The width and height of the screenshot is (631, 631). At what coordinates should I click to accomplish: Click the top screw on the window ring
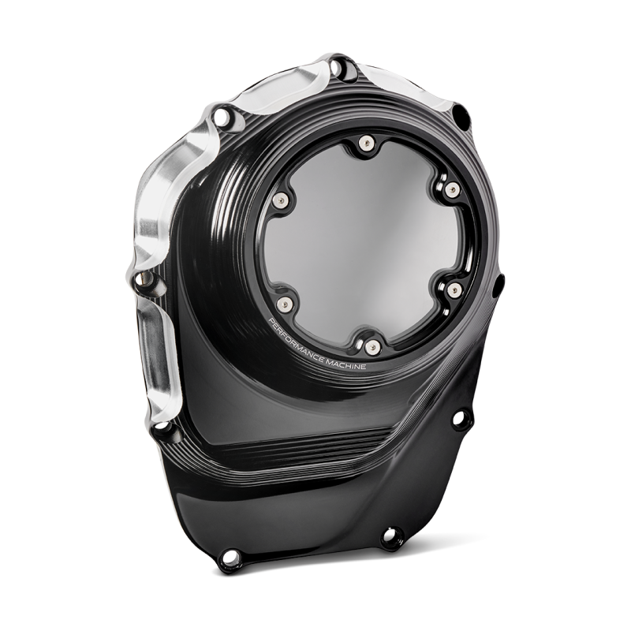coord(365,143)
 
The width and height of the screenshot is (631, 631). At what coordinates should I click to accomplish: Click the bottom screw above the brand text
coord(372,344)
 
